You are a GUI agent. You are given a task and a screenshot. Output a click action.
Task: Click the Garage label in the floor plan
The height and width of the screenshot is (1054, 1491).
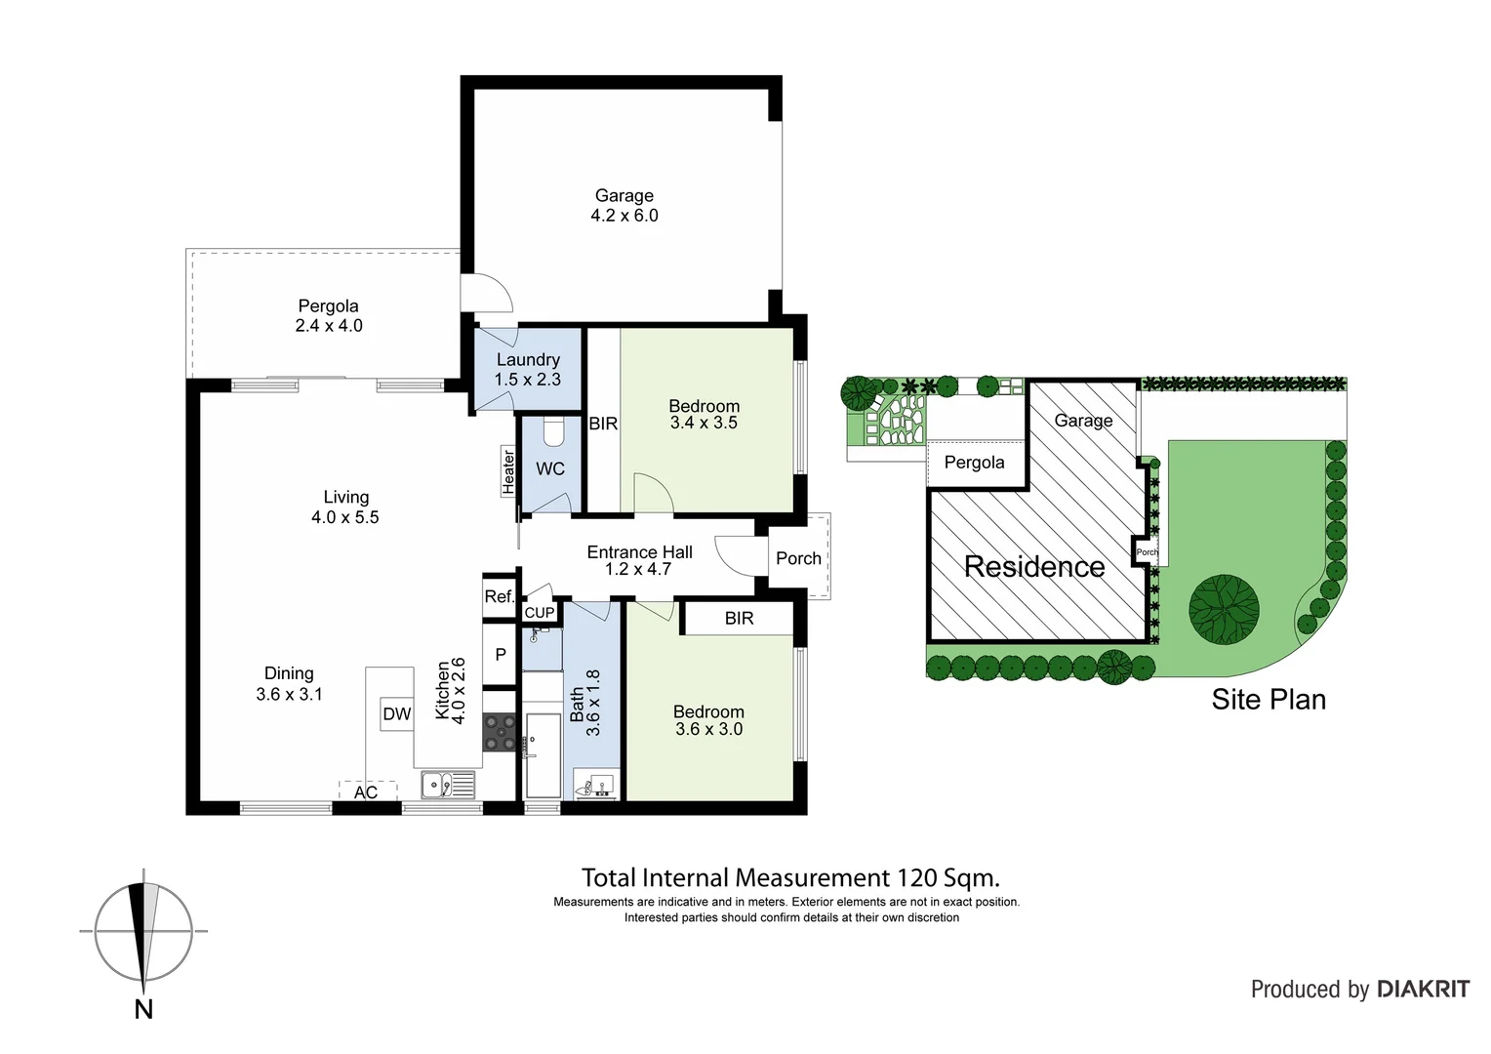624,195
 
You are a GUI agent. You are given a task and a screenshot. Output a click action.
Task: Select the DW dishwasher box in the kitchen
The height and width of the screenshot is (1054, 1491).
397,714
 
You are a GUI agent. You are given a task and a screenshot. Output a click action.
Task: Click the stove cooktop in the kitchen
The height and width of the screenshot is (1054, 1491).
501,733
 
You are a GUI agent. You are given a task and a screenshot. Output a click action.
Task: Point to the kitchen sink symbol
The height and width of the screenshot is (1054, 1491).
448,784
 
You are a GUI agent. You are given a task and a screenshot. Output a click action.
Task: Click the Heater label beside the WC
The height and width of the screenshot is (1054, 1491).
507,470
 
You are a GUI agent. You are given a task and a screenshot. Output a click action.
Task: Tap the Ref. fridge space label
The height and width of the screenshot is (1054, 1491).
499,596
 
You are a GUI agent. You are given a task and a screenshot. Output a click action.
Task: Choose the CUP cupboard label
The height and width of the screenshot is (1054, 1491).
540,613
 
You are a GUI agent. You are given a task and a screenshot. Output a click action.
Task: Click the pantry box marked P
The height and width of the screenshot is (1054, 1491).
501,655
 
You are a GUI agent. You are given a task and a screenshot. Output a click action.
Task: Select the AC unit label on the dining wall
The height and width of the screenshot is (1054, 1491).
366,792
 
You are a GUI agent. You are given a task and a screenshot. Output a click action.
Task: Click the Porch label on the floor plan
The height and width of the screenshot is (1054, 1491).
798,558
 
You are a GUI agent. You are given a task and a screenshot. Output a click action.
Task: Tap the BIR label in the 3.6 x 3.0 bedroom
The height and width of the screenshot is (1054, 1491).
739,618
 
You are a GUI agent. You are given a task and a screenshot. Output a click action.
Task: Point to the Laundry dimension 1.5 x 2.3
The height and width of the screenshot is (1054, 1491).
527,380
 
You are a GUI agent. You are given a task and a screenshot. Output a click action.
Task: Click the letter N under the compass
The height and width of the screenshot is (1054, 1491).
143,1009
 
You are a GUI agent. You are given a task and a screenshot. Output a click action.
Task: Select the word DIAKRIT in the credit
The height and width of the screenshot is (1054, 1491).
1423,990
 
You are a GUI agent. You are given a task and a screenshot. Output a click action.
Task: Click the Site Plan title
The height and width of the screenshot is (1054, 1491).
1268,699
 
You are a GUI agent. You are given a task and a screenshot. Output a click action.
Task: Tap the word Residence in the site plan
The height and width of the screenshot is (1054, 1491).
1034,566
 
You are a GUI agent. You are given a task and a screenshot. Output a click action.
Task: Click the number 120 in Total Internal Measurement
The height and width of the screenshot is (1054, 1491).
911,877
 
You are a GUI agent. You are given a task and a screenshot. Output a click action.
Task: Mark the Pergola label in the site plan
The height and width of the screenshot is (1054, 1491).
974,463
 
